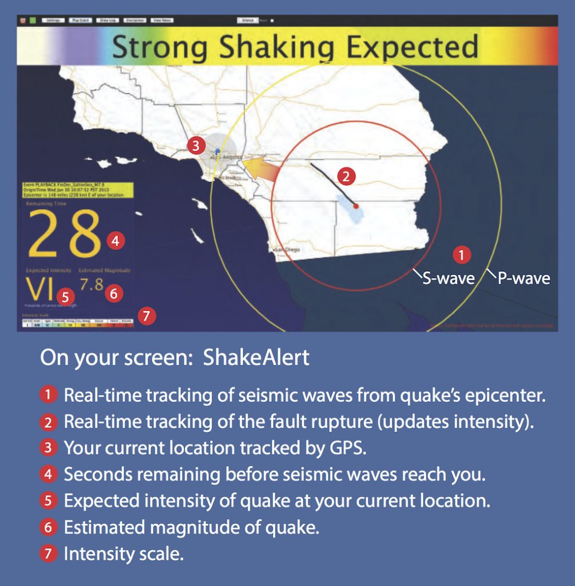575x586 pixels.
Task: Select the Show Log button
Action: pyautogui.click(x=108, y=20)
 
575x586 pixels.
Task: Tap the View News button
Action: pyautogui.click(x=162, y=20)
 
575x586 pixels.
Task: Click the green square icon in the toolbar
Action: pyautogui.click(x=33, y=20)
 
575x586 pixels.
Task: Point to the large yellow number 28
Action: pyautogui.click(x=65, y=233)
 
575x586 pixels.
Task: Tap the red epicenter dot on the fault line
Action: pyautogui.click(x=355, y=205)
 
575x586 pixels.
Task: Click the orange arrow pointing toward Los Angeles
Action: pyautogui.click(x=260, y=167)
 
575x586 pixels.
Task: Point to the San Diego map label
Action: pyautogui.click(x=287, y=250)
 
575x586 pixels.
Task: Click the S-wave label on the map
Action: pyautogui.click(x=448, y=279)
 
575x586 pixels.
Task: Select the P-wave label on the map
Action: pyautogui.click(x=523, y=279)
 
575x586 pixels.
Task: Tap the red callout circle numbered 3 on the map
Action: pyautogui.click(x=196, y=145)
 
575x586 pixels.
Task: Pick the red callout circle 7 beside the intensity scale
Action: pyautogui.click(x=147, y=315)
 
